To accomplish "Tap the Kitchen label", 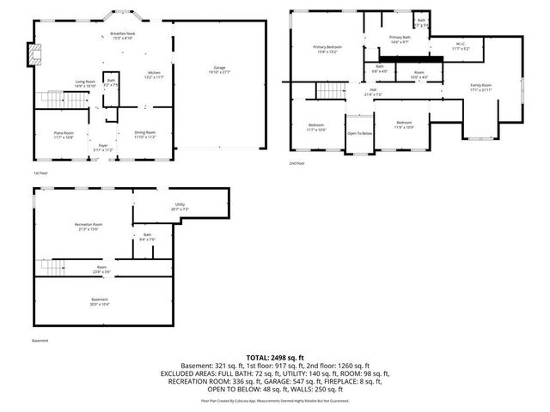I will click(x=153, y=75).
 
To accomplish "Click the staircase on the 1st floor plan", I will click(x=77, y=101).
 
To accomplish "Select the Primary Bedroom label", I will click(x=327, y=48).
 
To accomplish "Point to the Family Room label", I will click(x=480, y=88).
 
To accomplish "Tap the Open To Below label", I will click(x=359, y=133).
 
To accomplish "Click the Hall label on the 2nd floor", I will click(x=373, y=90).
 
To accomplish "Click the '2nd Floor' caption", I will click(x=297, y=162).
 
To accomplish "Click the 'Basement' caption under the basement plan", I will click(x=40, y=340).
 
